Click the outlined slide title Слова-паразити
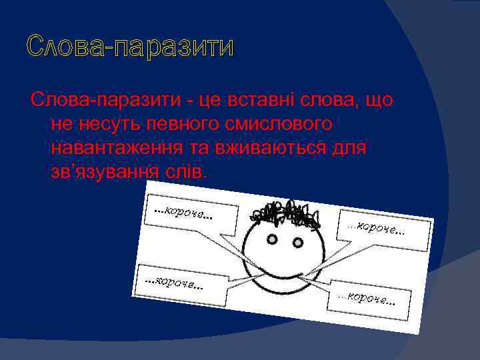(131, 48)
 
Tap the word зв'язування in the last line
(105, 171)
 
